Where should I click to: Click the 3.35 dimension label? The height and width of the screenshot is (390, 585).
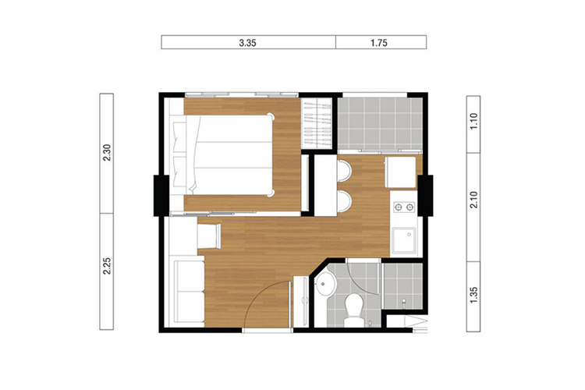pos(248,43)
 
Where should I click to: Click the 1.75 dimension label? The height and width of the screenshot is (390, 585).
pos(379,43)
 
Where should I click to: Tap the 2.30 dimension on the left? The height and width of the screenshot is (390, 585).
pos(107,152)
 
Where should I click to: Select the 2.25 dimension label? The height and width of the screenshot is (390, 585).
pos(107,266)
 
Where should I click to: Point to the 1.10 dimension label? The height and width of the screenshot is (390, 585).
pos(473,122)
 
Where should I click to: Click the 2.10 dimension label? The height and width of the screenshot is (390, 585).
pos(473,200)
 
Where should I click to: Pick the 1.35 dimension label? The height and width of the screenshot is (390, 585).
pos(473,295)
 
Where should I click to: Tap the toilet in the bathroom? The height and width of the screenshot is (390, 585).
pos(353,309)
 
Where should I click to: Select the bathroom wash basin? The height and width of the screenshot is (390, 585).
pos(325,284)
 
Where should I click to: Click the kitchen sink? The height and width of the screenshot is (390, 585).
pos(403,241)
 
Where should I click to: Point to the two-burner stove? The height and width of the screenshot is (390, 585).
pos(404,207)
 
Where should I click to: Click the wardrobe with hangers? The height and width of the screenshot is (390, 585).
pos(317,123)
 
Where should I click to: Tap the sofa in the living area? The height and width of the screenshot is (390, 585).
pos(190,292)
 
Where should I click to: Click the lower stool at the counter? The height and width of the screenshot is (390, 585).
pos(344,201)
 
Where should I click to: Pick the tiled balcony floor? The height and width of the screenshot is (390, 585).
pos(380,123)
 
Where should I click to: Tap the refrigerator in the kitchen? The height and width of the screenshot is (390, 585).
pos(401,172)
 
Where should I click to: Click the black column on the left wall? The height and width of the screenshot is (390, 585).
pos(161,196)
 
